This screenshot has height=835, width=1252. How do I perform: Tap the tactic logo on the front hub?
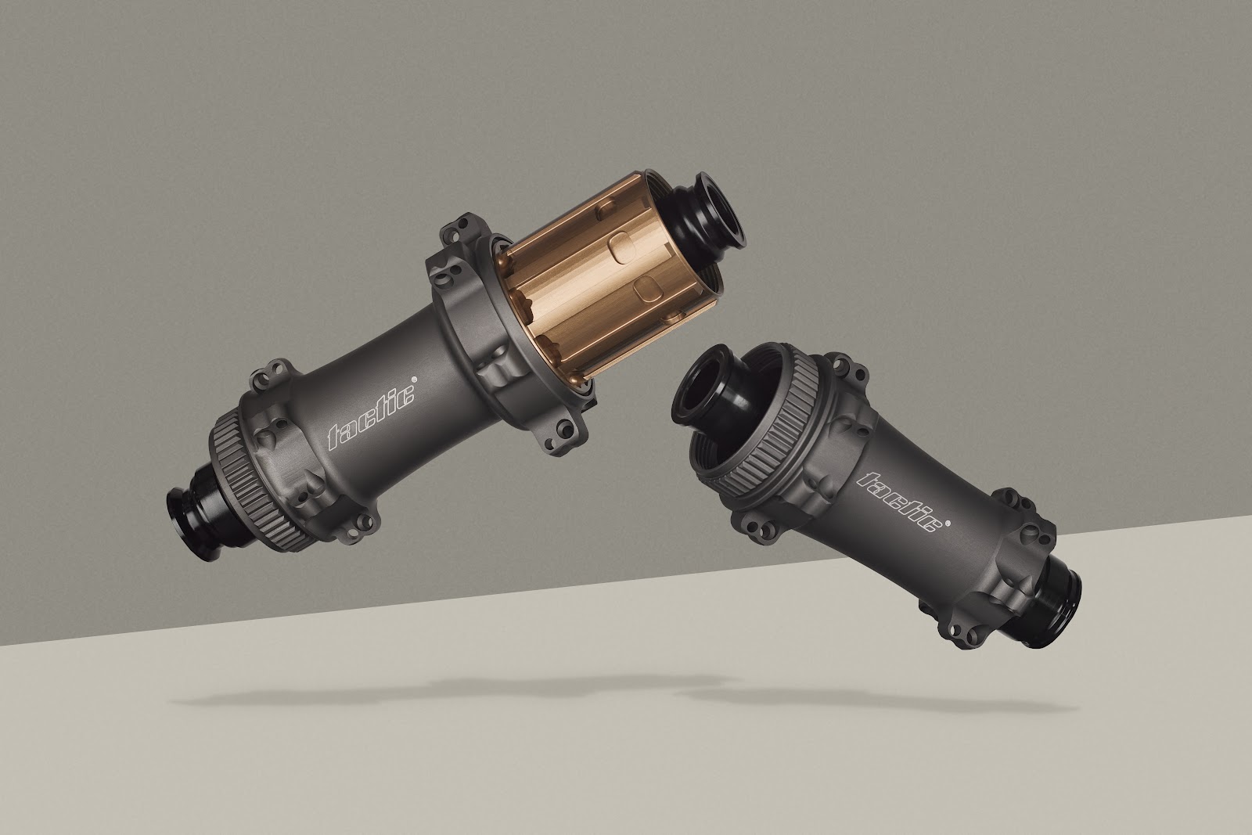point(903,502)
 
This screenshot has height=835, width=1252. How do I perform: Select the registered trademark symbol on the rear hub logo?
point(414,377)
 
